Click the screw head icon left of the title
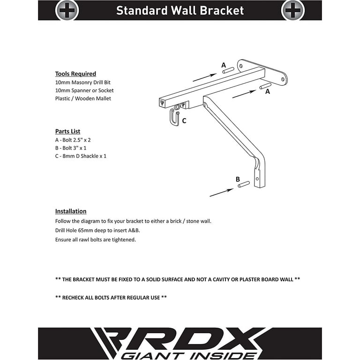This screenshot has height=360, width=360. [67, 10]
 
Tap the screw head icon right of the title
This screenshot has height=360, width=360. [292, 10]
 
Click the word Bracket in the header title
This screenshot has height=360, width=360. [219, 10]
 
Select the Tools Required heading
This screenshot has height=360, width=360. [75, 74]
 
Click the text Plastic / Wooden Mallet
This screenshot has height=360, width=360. [83, 98]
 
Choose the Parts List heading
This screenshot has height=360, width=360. [67, 131]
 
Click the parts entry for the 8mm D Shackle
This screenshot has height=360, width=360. [81, 156]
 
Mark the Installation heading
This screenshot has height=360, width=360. [71, 211]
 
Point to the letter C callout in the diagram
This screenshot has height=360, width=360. [184, 121]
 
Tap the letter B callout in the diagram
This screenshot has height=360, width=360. [238, 179]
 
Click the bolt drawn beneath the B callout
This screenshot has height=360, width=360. [244, 185]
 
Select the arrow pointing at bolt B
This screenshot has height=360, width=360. [221, 193]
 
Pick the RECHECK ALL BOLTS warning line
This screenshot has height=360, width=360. [111, 297]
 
